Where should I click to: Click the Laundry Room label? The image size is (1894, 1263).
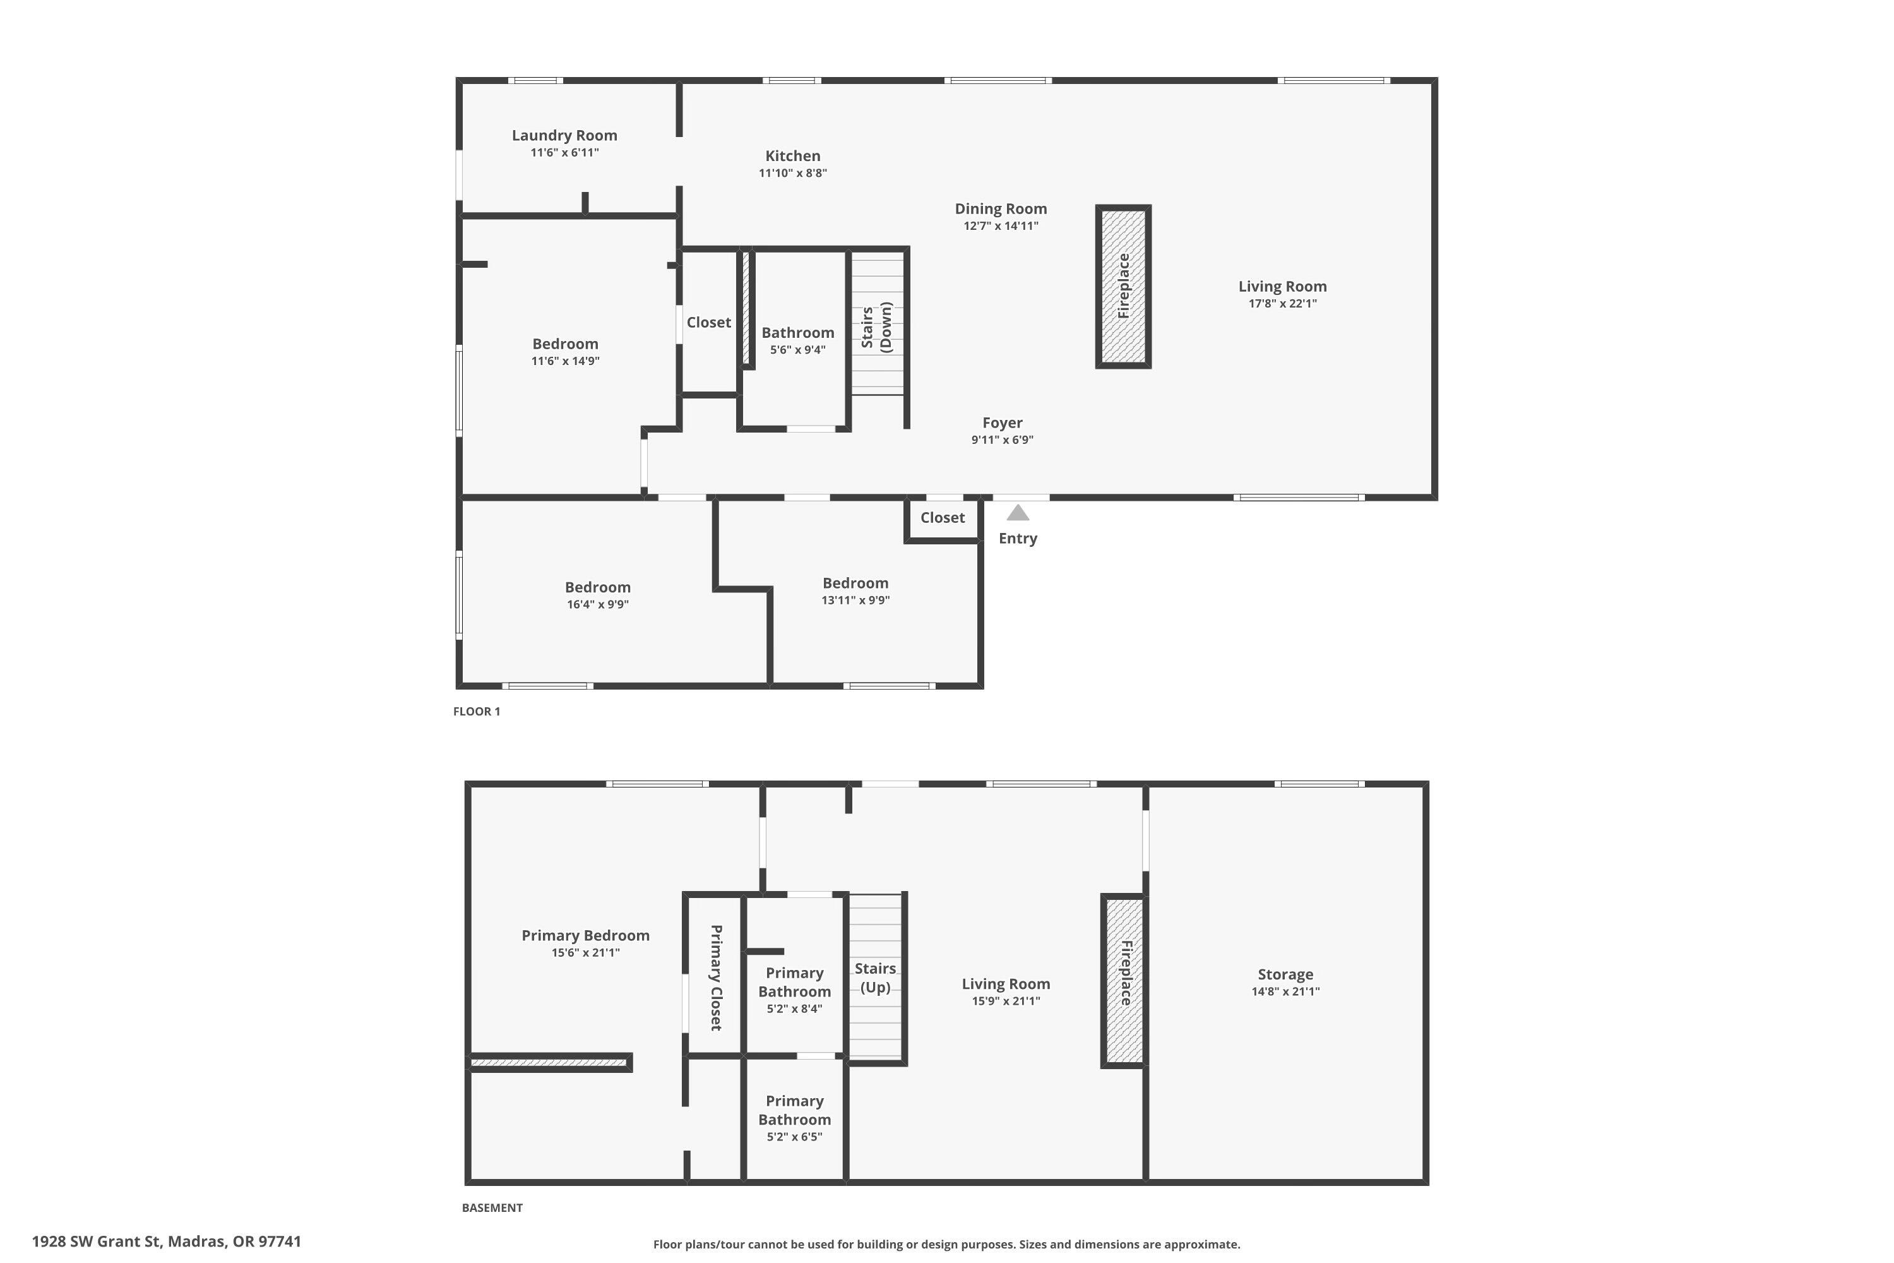pos(564,135)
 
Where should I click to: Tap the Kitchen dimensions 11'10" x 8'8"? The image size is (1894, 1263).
pos(792,173)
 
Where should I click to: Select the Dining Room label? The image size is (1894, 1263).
pos(1000,208)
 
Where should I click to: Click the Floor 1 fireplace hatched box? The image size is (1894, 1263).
pos(1123,287)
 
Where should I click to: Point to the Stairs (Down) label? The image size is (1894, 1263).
pos(876,327)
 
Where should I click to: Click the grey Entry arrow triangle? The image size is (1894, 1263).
pos(1018,513)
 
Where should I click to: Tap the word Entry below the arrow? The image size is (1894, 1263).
pos(1018,538)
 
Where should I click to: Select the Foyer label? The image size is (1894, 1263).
pos(1002,423)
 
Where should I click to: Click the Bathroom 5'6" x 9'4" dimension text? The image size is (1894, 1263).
pos(797,350)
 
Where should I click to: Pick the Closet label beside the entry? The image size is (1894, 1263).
pos(942,518)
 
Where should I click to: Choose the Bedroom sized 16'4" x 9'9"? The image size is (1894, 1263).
pos(597,588)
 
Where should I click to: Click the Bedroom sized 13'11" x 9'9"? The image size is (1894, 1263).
pos(855,583)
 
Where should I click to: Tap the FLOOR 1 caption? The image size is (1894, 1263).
pos(477,711)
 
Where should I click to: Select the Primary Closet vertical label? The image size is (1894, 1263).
pos(715,977)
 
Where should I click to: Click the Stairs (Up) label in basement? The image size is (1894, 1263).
pos(874,977)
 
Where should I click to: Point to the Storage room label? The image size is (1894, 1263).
pos(1285,974)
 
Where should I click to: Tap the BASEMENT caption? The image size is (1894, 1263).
pos(492,1207)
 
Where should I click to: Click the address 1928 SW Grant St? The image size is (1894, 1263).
pos(166,1242)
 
